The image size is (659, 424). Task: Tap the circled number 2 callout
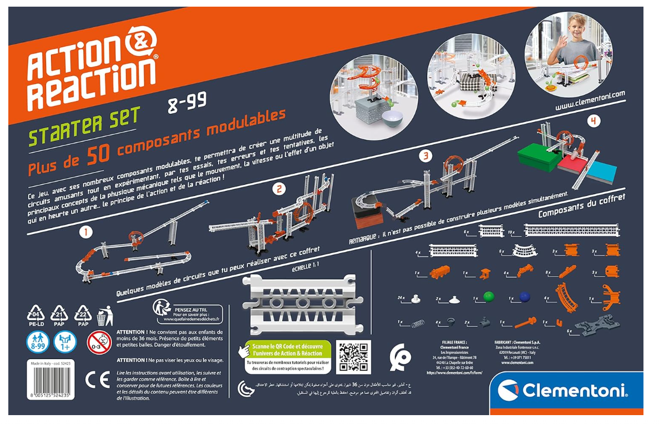point(280,189)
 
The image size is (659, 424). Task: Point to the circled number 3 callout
point(425,156)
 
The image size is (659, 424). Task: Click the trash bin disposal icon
point(102,317)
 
